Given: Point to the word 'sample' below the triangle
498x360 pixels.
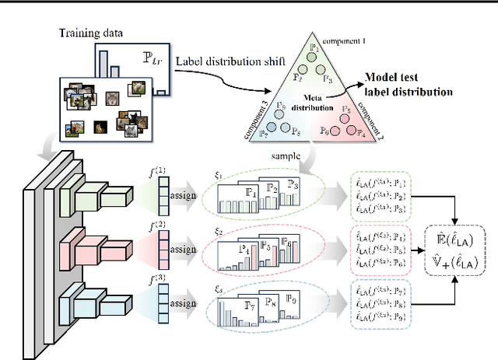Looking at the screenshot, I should [x=286, y=156].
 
